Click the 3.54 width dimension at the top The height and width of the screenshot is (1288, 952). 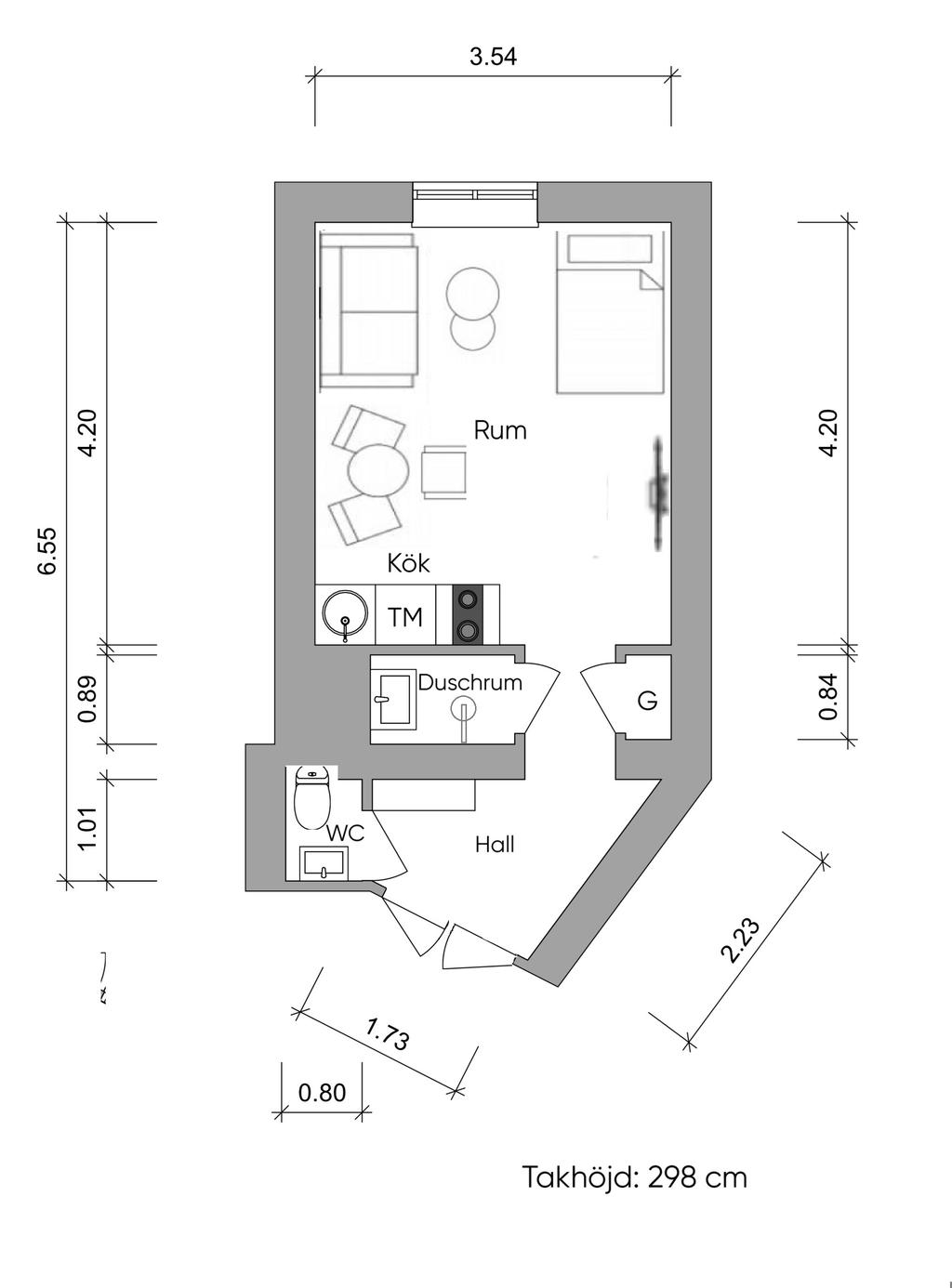point(493,58)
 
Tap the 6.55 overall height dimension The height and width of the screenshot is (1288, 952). point(47,550)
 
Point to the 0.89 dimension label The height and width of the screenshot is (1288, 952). point(87,699)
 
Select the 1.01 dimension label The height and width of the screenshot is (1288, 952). point(87,829)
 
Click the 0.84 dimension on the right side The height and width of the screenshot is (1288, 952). point(827,696)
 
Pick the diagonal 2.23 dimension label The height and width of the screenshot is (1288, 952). point(740,940)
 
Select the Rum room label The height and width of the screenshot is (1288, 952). point(500,430)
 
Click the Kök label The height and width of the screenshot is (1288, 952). point(408,563)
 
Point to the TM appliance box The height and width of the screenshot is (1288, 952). point(405,616)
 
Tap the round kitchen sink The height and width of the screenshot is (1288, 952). point(345,615)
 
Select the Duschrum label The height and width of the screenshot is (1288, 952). point(469,682)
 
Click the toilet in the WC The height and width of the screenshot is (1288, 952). point(312,796)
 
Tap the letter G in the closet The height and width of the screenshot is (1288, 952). point(647,701)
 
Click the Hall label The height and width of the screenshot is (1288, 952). point(495,845)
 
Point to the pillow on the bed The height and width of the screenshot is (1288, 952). point(610,248)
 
